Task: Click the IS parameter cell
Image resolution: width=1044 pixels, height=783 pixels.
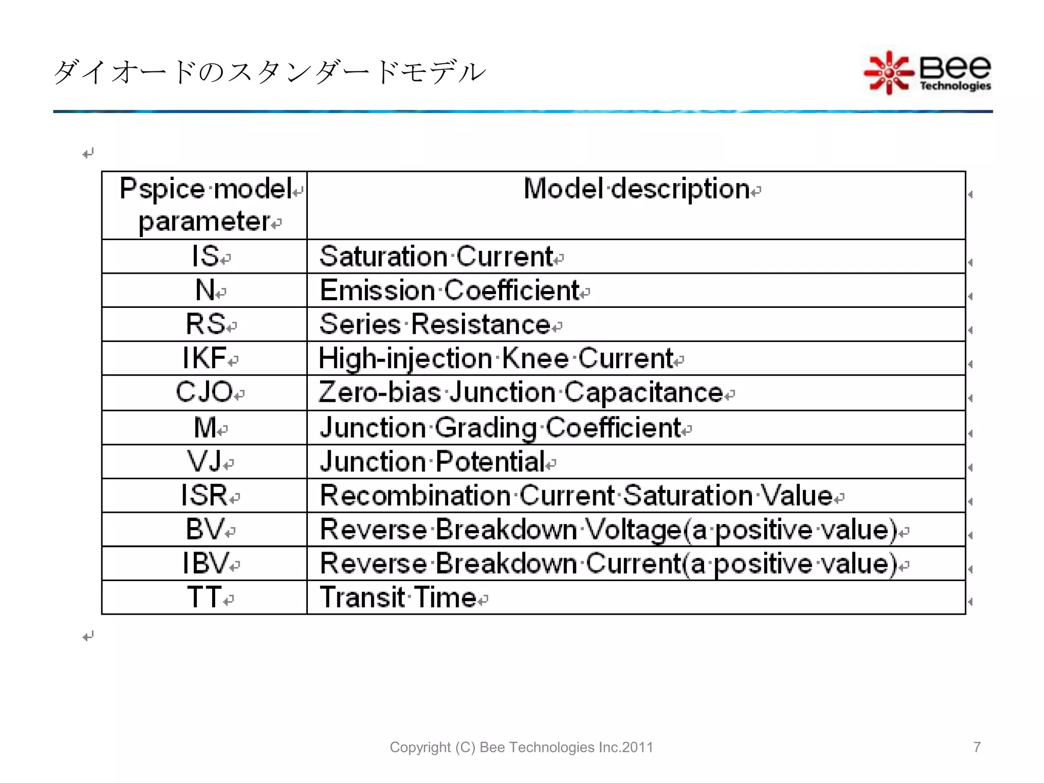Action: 205,256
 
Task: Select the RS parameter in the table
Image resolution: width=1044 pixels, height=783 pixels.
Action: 205,324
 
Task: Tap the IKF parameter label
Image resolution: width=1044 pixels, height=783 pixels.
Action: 204,358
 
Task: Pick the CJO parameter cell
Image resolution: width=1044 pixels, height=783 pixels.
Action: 204,393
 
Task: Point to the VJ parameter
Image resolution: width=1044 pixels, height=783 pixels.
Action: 204,461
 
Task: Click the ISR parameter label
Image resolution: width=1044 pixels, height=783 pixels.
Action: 204,495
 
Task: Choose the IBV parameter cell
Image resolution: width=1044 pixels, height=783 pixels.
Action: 205,563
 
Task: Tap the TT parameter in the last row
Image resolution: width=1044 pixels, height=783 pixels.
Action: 204,597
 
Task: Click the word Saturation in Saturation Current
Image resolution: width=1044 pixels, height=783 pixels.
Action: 383,256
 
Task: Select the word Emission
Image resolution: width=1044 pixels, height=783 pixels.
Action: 377,290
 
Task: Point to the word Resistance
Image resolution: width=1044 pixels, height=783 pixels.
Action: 481,324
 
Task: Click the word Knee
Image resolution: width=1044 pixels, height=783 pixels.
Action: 535,358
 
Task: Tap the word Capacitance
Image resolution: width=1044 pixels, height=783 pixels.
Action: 644,393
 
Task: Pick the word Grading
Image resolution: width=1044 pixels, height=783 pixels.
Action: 486,427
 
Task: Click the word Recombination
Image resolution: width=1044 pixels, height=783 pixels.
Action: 415,495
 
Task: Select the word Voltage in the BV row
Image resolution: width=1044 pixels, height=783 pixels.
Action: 633,529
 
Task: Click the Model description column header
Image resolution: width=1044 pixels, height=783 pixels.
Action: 637,189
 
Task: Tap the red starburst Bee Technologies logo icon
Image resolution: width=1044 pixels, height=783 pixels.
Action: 889,72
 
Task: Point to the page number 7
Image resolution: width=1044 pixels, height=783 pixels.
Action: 977,747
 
